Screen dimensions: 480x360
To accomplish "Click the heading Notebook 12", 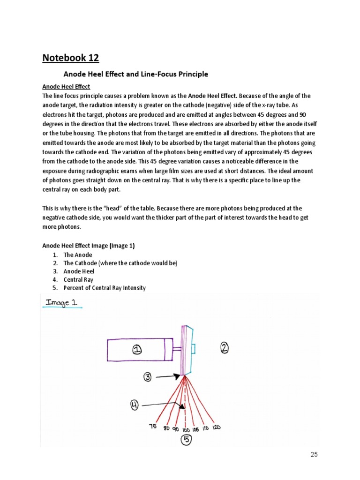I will (71, 58).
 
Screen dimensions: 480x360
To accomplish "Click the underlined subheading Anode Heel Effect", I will (66, 87).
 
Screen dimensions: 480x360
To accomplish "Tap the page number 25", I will (314, 454).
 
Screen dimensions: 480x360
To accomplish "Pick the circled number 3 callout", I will (147, 376).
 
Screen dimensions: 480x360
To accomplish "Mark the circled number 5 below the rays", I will (186, 440).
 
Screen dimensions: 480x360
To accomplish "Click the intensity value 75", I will (153, 427).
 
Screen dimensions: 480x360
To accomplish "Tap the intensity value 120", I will (217, 427).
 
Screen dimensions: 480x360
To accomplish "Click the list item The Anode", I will (78, 255).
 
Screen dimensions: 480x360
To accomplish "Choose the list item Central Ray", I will (78, 280).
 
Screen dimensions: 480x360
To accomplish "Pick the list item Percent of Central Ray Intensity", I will (105, 288).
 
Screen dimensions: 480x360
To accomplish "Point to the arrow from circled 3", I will (168, 376).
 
